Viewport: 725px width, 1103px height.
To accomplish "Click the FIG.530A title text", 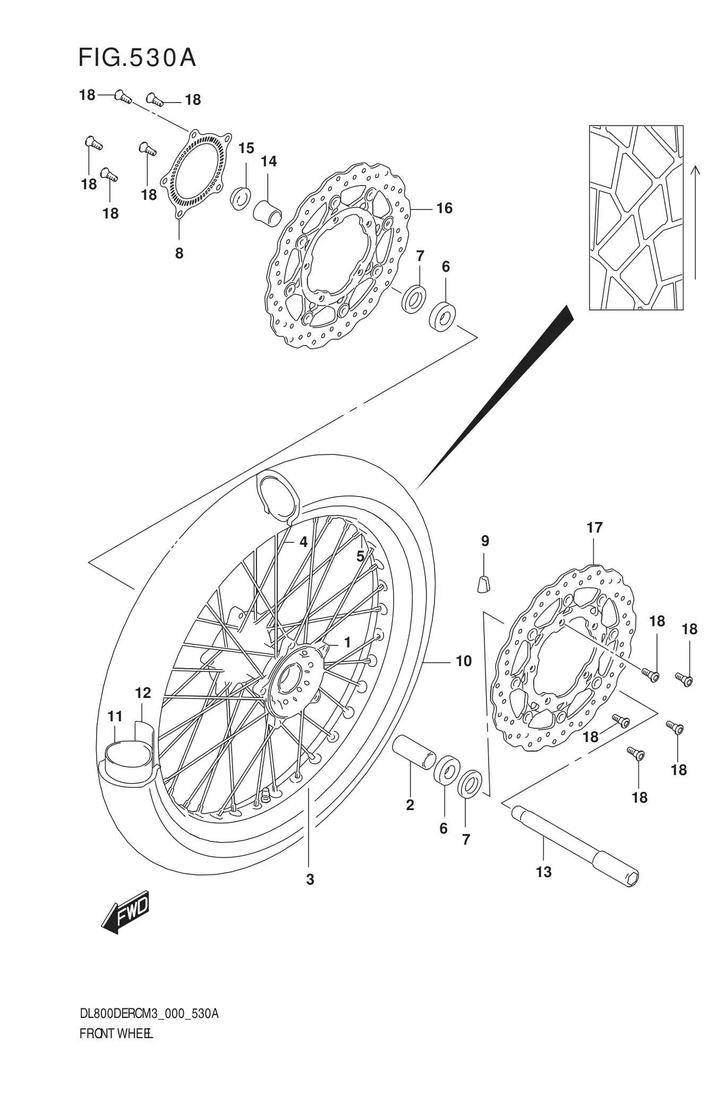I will pos(137,58).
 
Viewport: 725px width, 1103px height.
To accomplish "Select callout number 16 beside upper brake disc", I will pos(444,208).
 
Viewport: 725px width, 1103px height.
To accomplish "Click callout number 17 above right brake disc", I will pos(594,528).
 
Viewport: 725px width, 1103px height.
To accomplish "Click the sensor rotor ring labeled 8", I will pos(197,175).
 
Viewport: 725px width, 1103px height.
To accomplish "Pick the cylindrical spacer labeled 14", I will pos(267,211).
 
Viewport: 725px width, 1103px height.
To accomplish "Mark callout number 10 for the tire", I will pos(464,661).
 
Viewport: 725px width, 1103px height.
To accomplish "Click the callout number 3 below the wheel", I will pos(310,880).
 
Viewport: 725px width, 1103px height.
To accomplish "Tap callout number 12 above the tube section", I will pos(143,693).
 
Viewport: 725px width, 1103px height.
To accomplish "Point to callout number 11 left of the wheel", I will pos(115,717).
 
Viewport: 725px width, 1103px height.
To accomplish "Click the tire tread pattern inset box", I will pos(636,217).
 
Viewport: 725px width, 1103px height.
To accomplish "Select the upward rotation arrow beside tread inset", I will pos(696,222).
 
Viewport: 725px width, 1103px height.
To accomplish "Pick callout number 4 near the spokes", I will pos(303,542).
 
